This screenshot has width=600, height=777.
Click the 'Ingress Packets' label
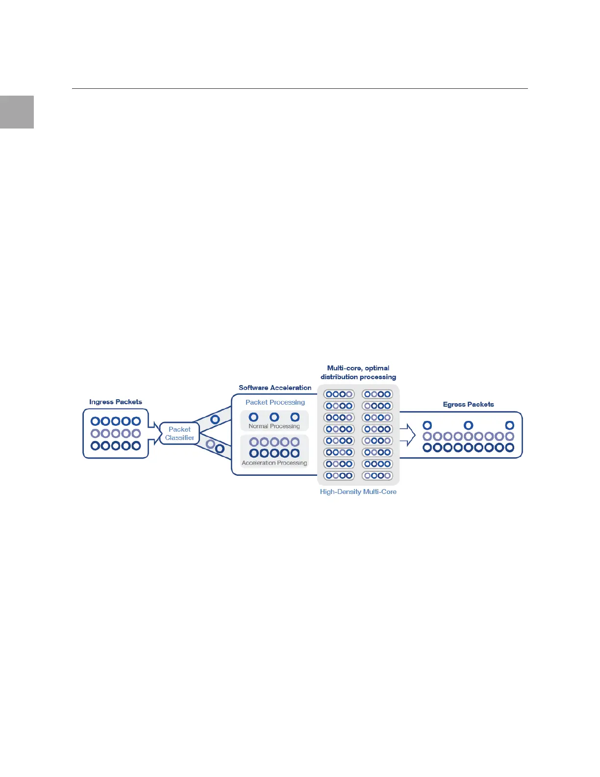coord(116,402)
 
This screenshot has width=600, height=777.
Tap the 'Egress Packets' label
coord(468,404)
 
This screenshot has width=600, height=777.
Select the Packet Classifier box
coord(179,434)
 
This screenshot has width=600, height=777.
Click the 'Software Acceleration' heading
coord(275,388)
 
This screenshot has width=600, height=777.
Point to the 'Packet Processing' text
coord(275,402)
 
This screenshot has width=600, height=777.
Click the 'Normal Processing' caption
coord(274,426)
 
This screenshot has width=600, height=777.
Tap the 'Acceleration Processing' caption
coord(275,463)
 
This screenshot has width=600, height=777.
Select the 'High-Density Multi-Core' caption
coord(358,492)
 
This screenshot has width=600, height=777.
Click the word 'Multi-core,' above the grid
coord(344,368)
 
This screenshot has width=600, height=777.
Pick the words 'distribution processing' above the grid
coord(358,377)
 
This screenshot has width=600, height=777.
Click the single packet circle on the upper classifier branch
coord(215,420)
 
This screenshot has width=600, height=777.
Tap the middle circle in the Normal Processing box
coord(275,417)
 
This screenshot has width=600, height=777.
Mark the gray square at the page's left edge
coord(17,112)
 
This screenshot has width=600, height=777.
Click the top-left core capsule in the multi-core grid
coord(339,394)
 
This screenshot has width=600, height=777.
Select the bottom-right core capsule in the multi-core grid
coord(377,475)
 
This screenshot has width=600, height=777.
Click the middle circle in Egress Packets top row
coord(469,425)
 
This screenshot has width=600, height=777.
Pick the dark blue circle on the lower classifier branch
coord(220,448)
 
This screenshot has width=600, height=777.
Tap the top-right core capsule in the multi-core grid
coord(377,394)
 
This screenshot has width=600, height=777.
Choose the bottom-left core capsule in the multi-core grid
coord(339,475)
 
